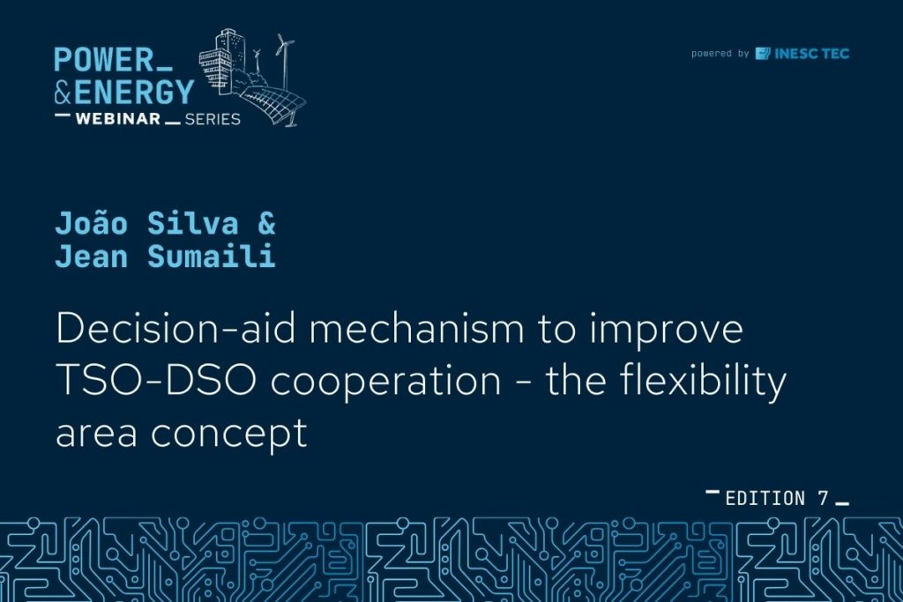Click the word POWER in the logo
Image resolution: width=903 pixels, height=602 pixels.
(104, 59)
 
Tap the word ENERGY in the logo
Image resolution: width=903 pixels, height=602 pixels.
(134, 93)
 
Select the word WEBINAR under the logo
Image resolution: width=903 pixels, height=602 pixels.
(118, 119)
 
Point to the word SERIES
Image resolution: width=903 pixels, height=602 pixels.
(213, 119)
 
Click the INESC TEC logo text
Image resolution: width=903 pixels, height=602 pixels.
(812, 54)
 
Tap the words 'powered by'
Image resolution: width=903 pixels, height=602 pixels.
(720, 54)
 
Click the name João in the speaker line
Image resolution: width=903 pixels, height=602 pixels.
(91, 223)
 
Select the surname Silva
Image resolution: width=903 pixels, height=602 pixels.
(193, 223)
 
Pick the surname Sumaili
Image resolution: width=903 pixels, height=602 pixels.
(212, 256)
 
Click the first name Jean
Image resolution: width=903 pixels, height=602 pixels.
(91, 256)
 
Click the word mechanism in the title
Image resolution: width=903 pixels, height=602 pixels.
(417, 328)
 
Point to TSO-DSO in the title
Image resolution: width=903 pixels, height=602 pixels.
(156, 381)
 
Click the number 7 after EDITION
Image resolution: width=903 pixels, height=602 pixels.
(824, 498)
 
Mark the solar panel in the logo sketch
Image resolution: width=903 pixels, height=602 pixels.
(272, 104)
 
